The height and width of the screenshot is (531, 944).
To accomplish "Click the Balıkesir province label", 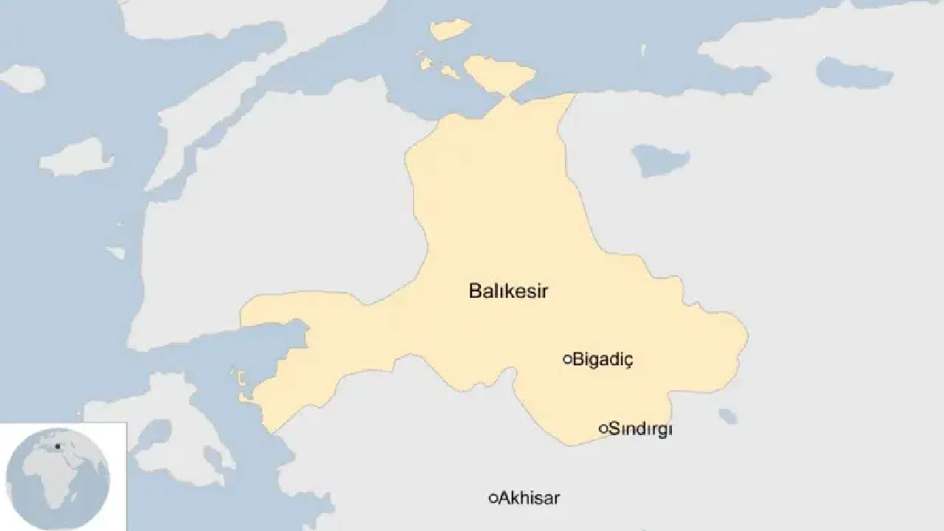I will click(x=508, y=291).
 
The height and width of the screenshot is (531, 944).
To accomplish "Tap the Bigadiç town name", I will click(x=603, y=360).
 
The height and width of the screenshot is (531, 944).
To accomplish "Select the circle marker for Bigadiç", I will click(x=567, y=359).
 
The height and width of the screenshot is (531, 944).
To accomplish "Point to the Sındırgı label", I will click(x=640, y=429).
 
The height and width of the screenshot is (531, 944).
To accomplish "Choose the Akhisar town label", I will click(x=529, y=498).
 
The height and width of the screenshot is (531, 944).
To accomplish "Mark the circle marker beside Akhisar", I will click(x=493, y=498).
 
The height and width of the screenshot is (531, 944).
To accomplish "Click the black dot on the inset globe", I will click(x=58, y=446).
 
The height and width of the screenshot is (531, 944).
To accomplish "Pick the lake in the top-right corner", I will click(x=854, y=73).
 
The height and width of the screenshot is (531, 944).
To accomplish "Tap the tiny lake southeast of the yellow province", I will click(x=728, y=417).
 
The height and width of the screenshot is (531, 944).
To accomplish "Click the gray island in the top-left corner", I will click(x=22, y=78).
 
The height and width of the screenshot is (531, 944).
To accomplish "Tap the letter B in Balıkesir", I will click(x=475, y=291).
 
